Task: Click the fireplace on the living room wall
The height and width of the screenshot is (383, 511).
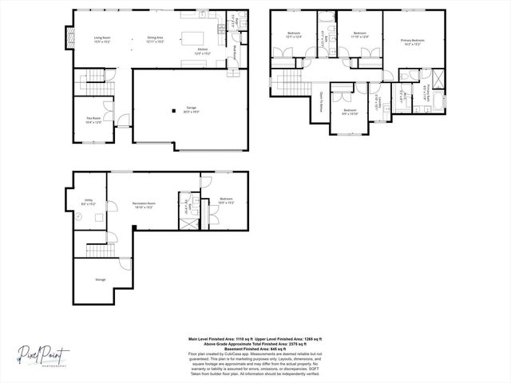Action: tap(70, 36)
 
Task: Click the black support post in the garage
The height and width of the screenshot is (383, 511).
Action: tap(173, 111)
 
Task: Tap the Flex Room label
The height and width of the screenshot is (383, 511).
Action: tap(93, 119)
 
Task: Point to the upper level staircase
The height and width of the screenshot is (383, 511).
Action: tap(283, 78)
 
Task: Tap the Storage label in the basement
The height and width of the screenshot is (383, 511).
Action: tap(100, 279)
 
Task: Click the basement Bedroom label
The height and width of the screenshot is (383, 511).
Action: tap(226, 199)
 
